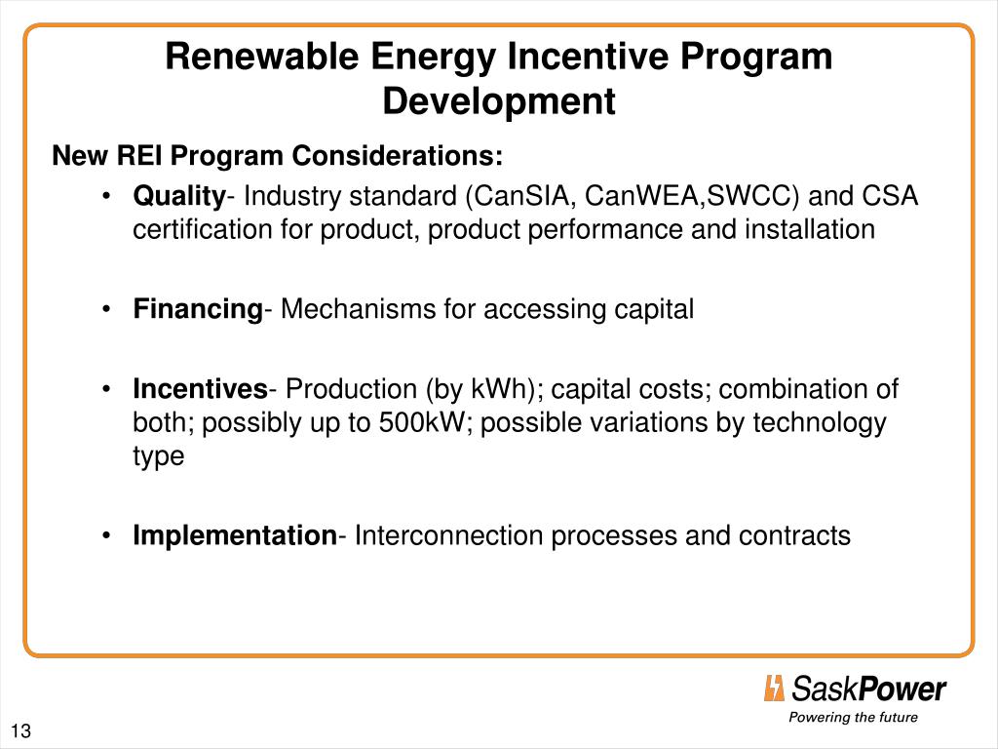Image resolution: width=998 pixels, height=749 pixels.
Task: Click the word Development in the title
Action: click(498, 101)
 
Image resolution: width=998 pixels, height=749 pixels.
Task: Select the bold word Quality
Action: click(179, 197)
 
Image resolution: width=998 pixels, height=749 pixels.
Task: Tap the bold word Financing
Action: click(198, 310)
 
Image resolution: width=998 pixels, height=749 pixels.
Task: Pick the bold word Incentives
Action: click(200, 390)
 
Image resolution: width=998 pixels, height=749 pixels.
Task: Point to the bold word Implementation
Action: click(234, 535)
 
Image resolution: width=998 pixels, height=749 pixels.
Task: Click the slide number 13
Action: click(20, 732)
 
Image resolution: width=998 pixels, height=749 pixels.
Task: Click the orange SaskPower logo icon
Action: click(774, 689)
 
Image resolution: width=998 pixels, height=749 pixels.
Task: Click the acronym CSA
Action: click(891, 197)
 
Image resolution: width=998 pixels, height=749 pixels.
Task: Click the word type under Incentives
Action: click(159, 456)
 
